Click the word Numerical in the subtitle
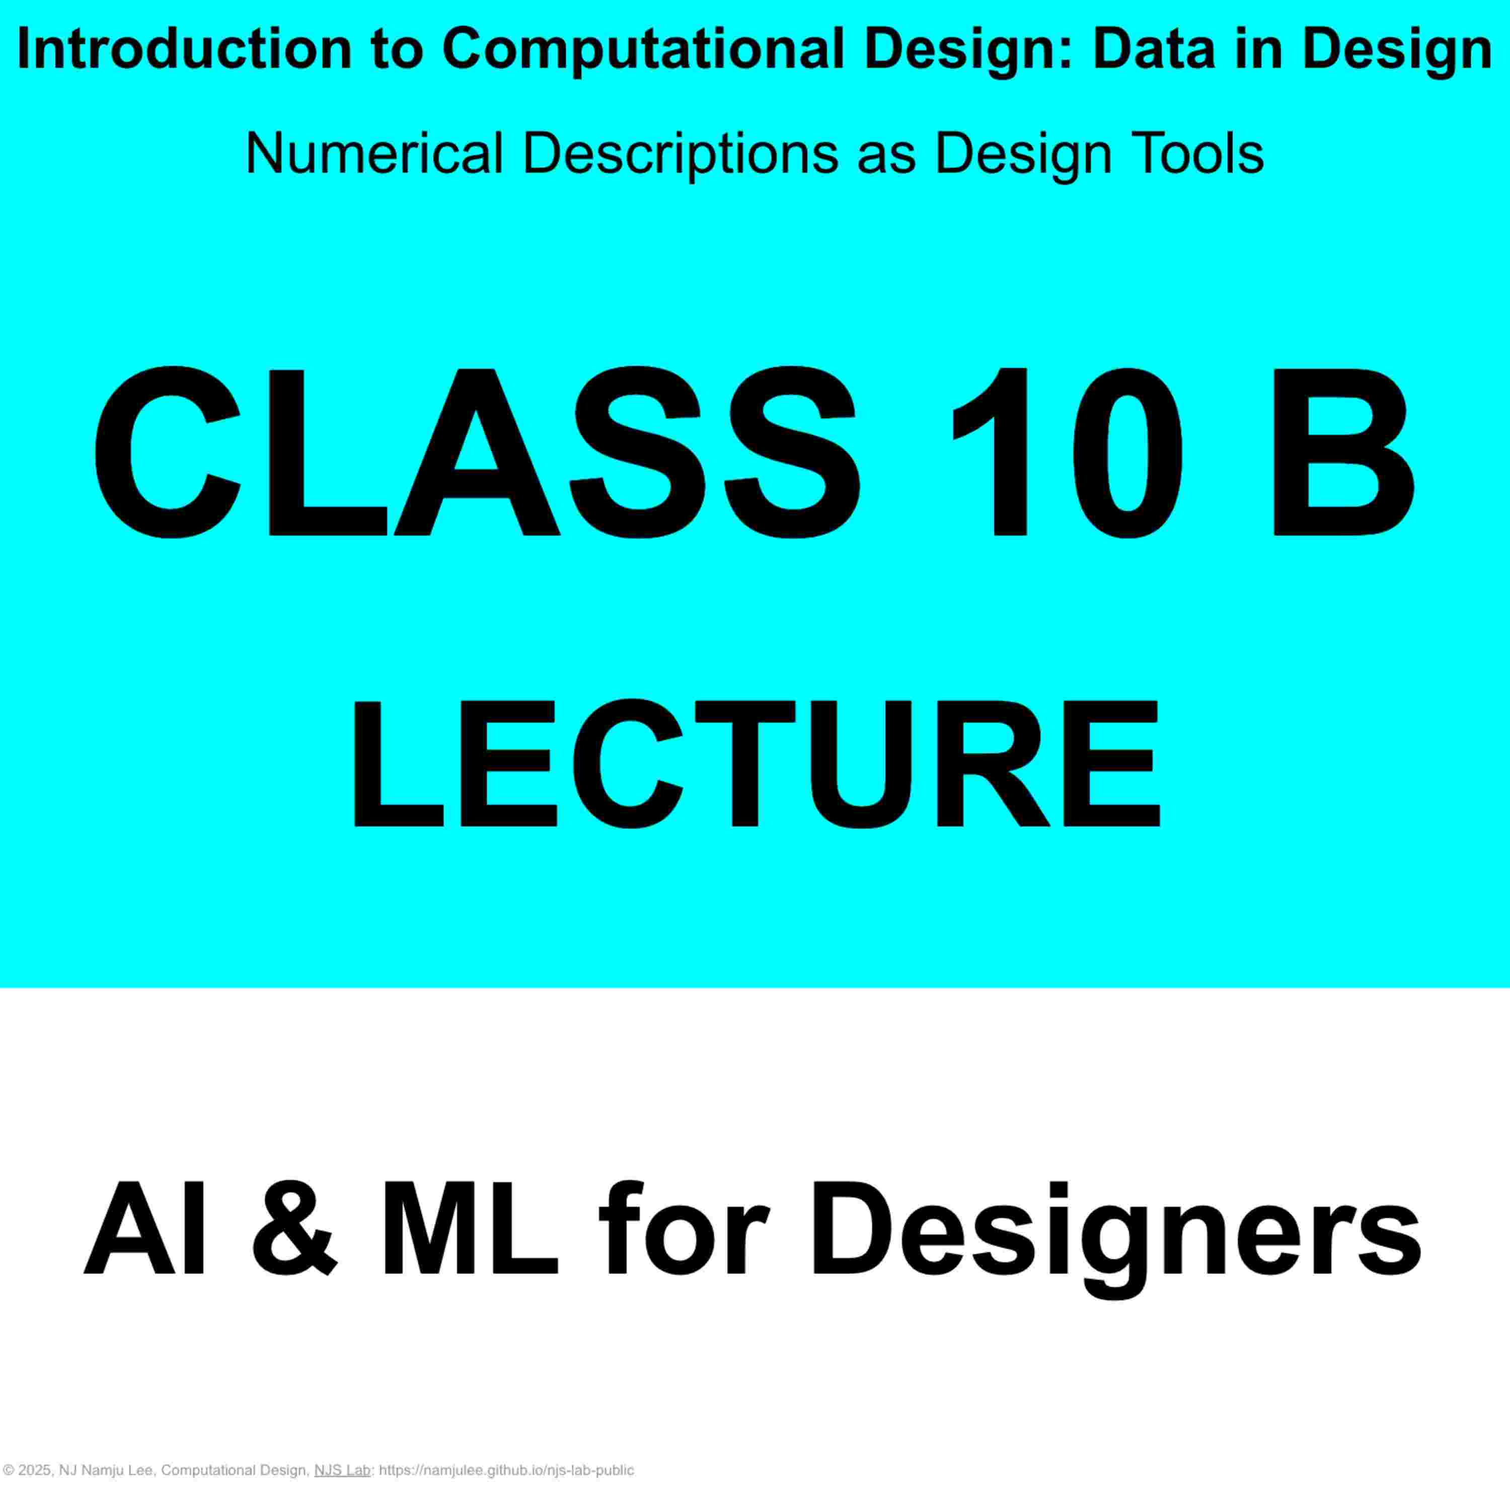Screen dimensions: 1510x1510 tap(374, 153)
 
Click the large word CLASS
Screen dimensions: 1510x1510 tap(476, 454)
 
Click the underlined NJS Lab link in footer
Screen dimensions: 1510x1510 tap(342, 1470)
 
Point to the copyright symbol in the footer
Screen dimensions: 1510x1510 tap(9, 1470)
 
